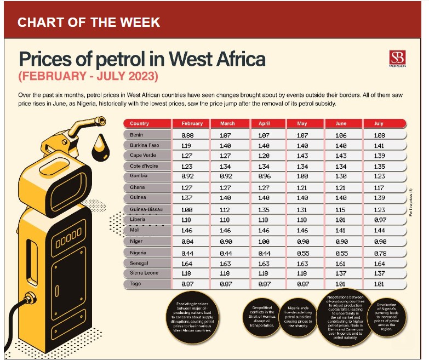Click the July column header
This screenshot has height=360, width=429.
coord(379,124)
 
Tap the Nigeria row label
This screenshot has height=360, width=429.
coord(139,253)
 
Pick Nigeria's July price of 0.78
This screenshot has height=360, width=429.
coord(379,253)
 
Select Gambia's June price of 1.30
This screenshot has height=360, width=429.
coord(341,176)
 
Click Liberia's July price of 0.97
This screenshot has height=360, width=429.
coord(379,220)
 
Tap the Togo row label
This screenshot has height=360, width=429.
coord(135,284)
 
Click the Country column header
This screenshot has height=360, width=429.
coord(140,124)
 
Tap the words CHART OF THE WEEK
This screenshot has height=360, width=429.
coord(89,22)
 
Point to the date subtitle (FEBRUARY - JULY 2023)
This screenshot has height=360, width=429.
coord(88,75)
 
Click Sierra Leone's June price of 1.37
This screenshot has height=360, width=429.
coord(341,273)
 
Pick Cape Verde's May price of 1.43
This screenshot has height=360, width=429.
coord(302,156)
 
